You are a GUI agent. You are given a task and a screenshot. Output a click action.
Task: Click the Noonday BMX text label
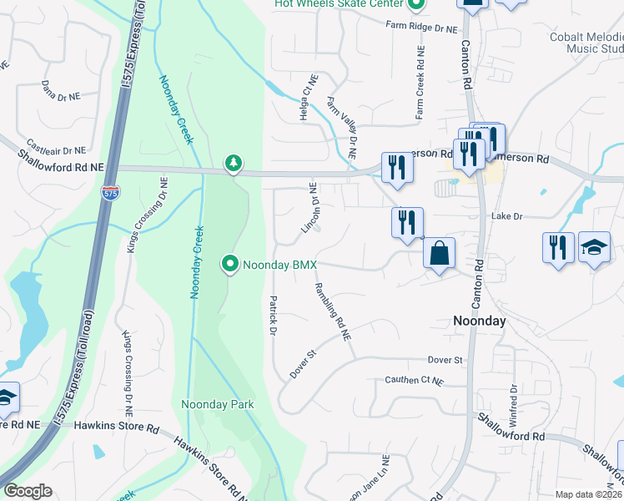point(280,266)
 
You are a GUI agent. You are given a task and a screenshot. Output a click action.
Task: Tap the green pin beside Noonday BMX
point(231,265)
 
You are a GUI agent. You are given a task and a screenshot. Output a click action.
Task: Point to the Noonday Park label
point(218,405)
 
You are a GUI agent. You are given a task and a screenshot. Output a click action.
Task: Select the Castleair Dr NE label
point(57,146)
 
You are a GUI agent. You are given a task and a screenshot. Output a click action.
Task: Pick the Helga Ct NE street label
point(304,99)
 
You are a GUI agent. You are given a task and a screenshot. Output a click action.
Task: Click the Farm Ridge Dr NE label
point(422,27)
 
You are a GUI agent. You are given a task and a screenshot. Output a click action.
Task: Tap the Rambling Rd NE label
point(333,311)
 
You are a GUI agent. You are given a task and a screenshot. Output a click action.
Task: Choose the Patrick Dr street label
point(272,315)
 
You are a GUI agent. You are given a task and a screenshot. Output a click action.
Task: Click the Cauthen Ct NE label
point(415,380)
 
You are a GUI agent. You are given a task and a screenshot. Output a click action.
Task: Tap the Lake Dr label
point(506,216)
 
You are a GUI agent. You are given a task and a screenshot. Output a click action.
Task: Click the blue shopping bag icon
point(440,252)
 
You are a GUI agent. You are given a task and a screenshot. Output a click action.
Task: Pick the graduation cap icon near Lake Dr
point(594,248)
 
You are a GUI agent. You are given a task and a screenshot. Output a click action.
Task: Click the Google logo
point(28,491)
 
